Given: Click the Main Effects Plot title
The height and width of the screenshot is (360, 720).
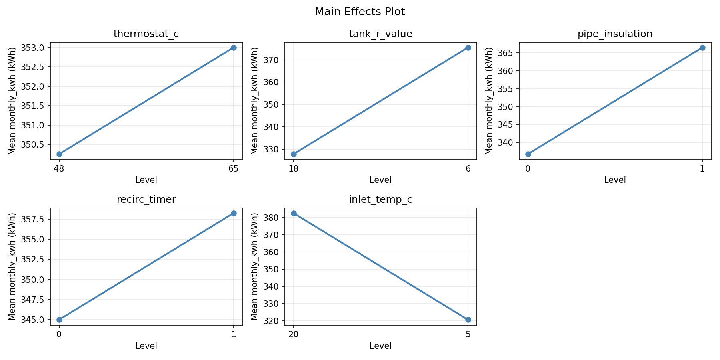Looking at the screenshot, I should (x=360, y=12).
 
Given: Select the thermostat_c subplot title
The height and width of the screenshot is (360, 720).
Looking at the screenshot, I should (x=146, y=34).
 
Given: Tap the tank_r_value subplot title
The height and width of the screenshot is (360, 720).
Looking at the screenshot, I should (x=380, y=34).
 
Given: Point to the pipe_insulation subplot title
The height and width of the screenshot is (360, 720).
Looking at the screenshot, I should (x=615, y=34).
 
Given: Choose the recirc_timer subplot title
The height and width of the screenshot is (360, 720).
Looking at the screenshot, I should (x=146, y=200).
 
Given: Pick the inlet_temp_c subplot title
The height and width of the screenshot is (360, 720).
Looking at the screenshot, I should (x=380, y=200).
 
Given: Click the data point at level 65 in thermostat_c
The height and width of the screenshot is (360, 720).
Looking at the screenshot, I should (x=234, y=48).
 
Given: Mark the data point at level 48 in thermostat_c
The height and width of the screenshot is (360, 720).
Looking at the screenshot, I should (x=59, y=154).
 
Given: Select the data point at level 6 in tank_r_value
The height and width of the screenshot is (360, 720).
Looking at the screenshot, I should (x=468, y=48).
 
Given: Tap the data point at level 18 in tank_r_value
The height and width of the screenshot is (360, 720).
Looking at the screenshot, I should (x=294, y=154).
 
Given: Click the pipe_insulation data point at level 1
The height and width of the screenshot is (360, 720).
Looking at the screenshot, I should (x=702, y=48).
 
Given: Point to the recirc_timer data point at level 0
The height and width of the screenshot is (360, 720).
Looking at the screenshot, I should (x=59, y=320).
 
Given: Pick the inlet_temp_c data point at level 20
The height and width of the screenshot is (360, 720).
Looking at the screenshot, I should (x=294, y=213).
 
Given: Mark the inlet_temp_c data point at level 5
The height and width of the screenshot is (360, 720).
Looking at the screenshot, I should (x=468, y=320).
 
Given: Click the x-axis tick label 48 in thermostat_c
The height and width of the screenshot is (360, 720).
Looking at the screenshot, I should (x=59, y=168).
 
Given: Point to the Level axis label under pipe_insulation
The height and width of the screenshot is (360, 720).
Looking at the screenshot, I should (x=615, y=180).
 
